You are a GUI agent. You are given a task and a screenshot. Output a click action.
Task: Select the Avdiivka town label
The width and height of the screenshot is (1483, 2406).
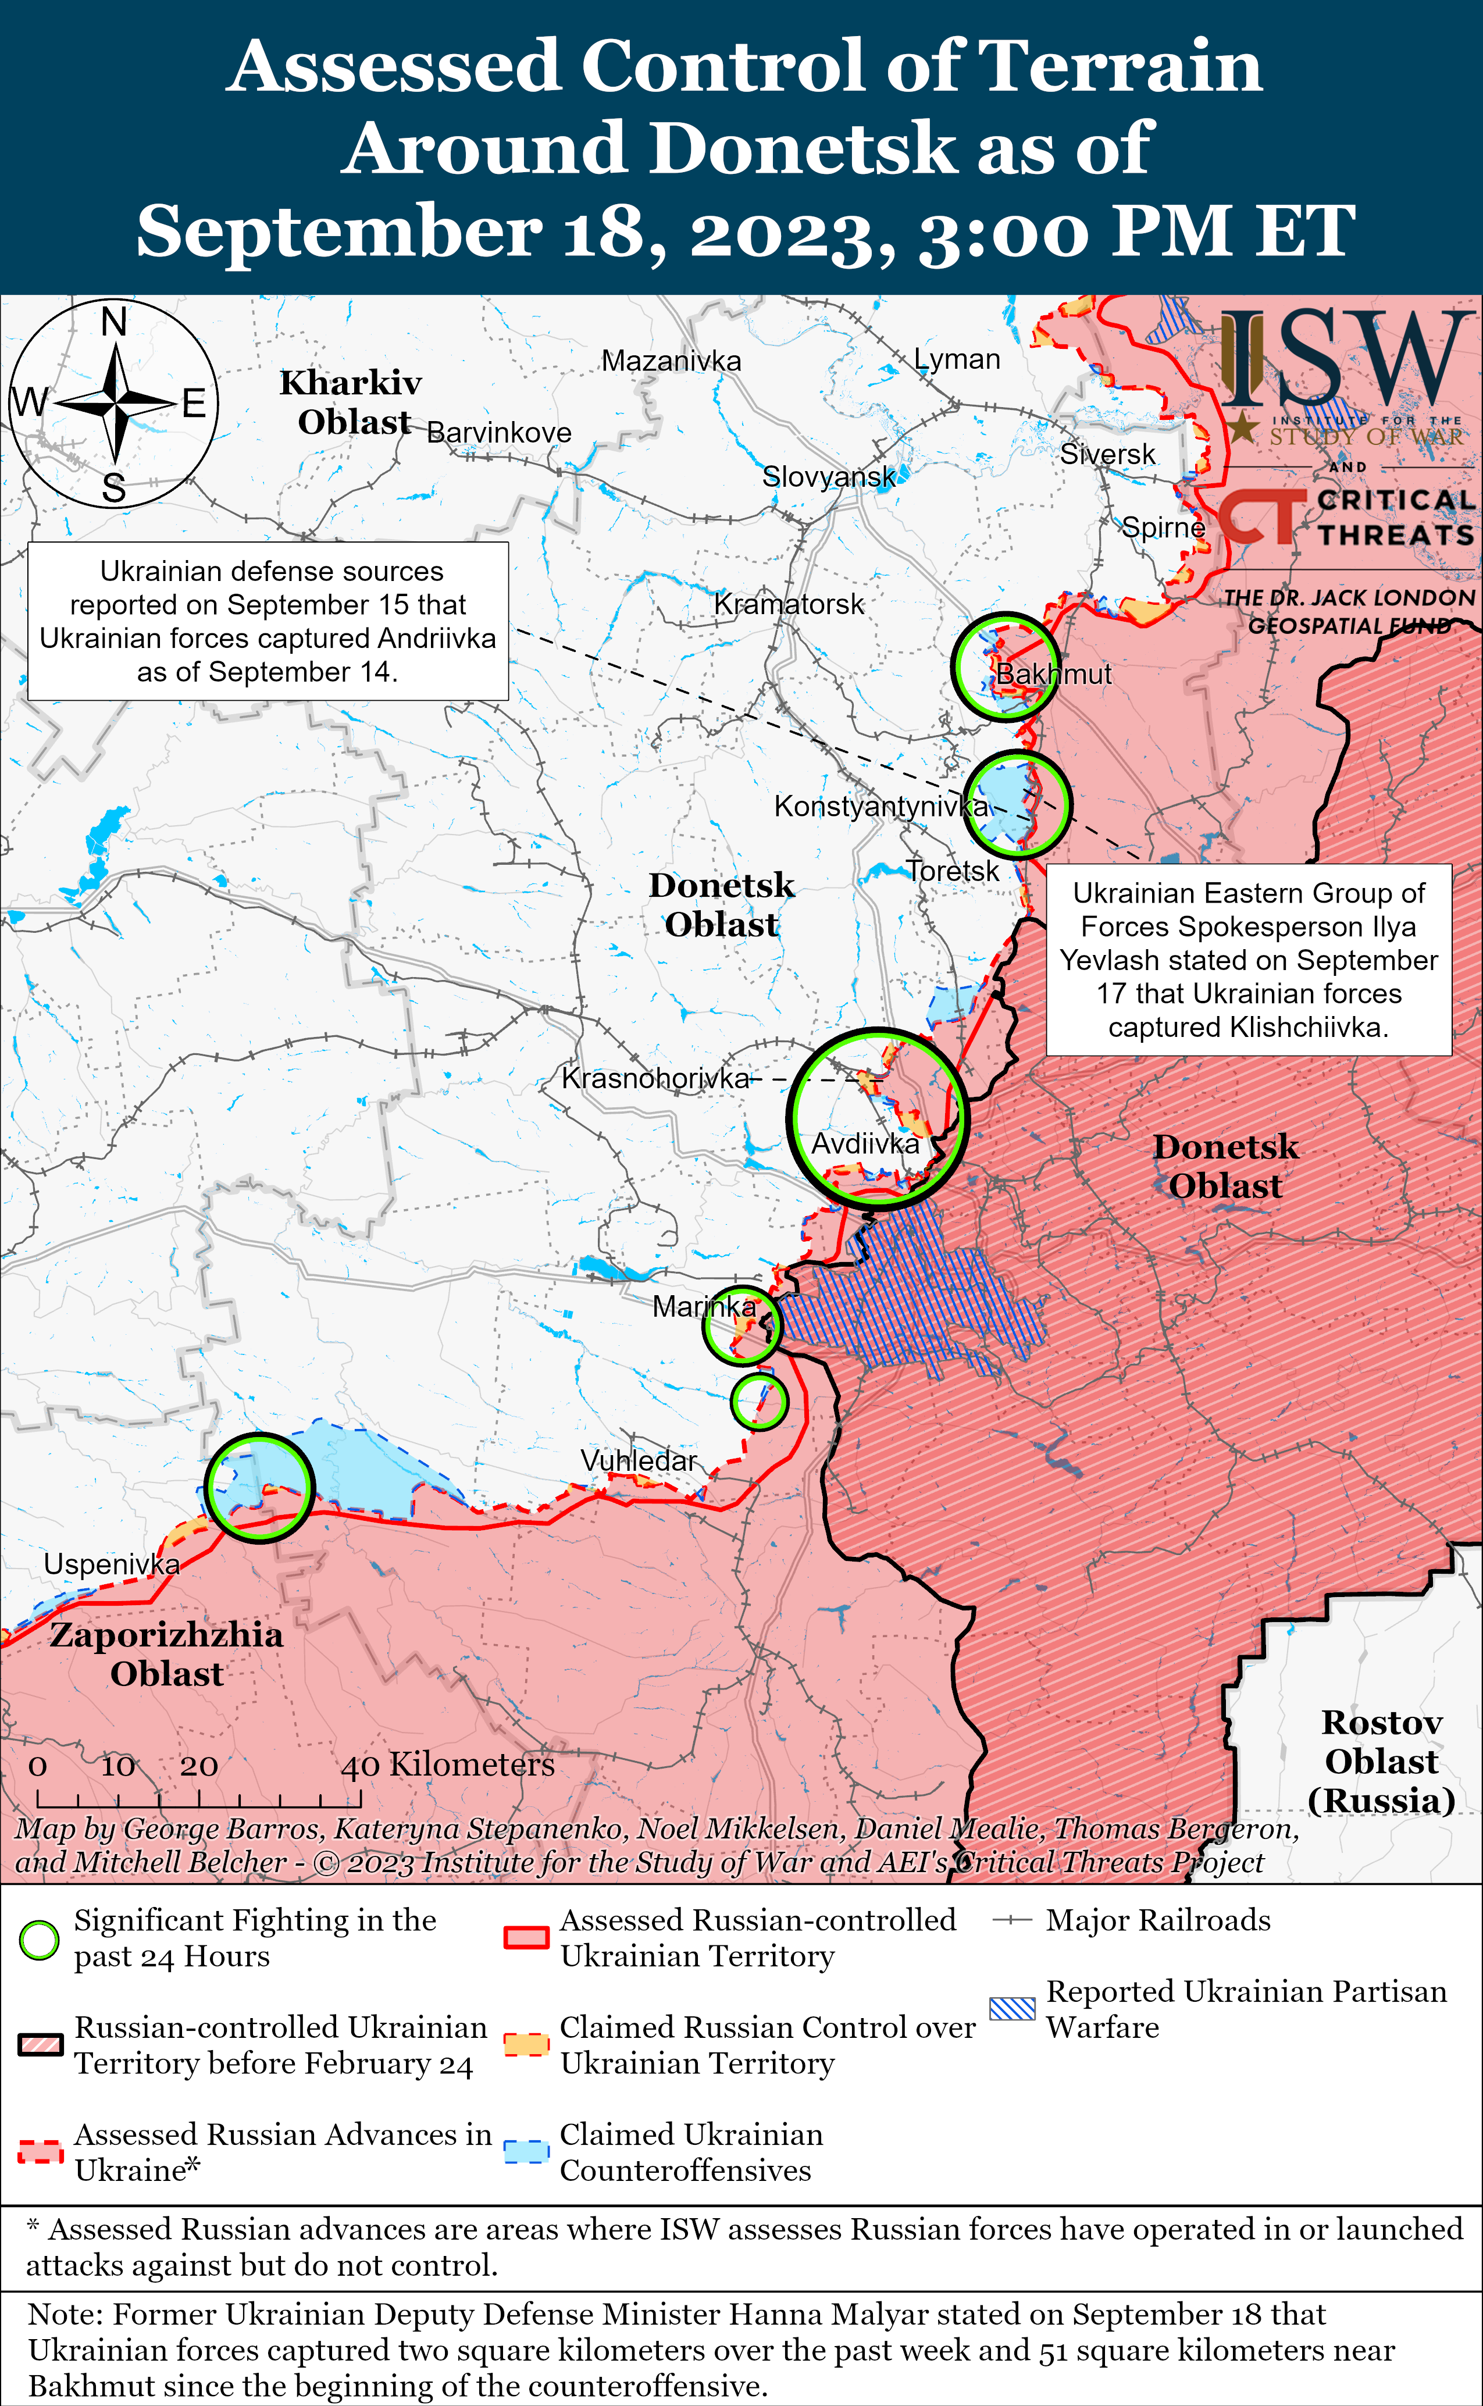pyautogui.click(x=865, y=1143)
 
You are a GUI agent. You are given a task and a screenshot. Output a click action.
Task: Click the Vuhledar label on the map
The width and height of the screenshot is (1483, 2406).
pyautogui.click(x=639, y=1460)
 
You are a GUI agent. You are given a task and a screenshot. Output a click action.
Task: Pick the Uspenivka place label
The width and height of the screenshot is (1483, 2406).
pyautogui.click(x=112, y=1564)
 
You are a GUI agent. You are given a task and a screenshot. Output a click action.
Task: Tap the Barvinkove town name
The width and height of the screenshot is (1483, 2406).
pyautogui.click(x=498, y=433)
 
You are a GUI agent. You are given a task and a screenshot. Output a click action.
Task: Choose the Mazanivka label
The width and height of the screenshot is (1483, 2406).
pyautogui.click(x=671, y=361)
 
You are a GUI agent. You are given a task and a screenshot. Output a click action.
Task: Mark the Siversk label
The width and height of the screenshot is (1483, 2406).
pyautogui.click(x=1107, y=454)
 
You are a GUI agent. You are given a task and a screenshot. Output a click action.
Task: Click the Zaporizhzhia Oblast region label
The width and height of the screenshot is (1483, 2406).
pyautogui.click(x=167, y=1653)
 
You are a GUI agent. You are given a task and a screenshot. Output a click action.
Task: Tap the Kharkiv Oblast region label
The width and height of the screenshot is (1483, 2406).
pyautogui.click(x=351, y=402)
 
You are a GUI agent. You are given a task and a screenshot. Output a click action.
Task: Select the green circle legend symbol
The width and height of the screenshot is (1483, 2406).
pyautogui.click(x=39, y=1940)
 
